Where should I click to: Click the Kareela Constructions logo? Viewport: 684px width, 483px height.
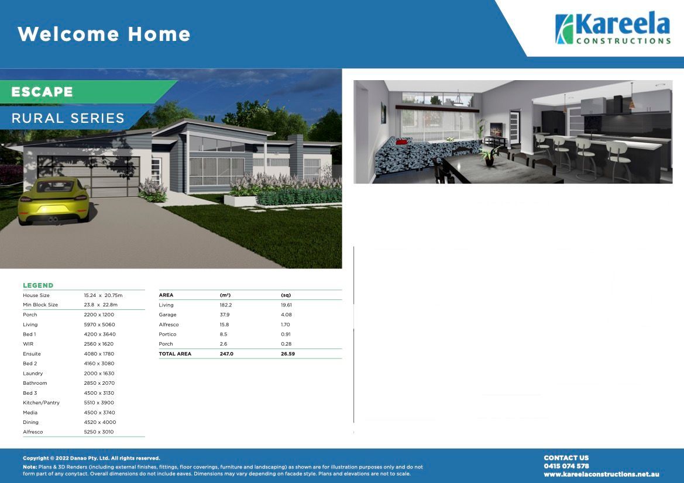(613, 29)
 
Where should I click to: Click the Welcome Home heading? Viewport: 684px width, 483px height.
(104, 34)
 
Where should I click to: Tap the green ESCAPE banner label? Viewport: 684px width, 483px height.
(42, 92)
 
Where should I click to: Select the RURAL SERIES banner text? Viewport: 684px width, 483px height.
(68, 118)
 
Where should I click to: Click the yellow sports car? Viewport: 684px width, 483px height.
(53, 201)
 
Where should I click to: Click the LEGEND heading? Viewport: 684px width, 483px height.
(38, 285)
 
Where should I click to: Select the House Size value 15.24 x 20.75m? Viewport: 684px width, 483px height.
(103, 295)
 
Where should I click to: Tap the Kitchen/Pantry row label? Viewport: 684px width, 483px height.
(41, 403)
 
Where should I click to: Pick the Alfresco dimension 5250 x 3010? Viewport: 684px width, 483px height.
(99, 432)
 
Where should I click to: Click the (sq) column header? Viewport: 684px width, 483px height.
(286, 295)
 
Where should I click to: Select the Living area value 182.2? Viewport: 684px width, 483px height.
(226, 305)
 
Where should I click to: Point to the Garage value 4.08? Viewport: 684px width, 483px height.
(286, 315)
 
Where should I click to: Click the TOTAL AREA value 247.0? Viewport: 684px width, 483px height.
(226, 354)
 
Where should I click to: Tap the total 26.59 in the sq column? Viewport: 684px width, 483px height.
(288, 354)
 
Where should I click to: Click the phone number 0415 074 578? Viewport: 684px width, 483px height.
(566, 466)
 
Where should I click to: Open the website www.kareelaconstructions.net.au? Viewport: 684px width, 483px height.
(601, 474)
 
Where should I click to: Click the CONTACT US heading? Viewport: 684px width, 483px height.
(566, 458)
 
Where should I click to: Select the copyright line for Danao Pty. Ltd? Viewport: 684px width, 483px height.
(91, 458)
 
